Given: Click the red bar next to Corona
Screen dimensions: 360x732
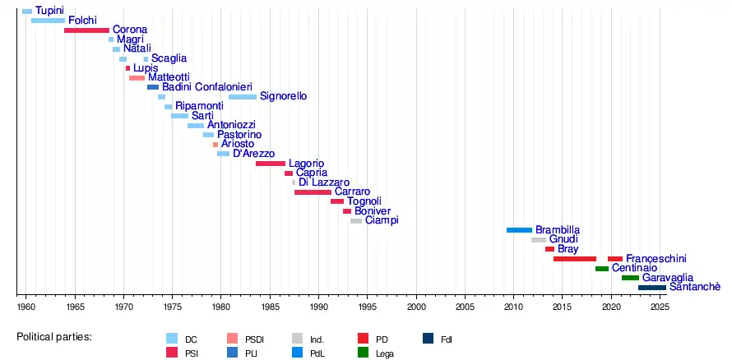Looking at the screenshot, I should [86, 30].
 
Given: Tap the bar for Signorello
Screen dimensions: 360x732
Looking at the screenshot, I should [243, 97].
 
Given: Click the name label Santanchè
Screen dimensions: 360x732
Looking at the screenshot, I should [695, 287].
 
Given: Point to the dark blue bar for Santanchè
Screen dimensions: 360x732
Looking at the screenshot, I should [652, 288].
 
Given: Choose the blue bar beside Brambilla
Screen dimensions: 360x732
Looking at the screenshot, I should [519, 230].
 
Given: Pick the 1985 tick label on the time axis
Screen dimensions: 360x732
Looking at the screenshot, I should [270, 307].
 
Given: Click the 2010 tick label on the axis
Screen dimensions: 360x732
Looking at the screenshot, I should [514, 307].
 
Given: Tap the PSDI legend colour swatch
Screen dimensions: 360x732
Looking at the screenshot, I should [234, 339].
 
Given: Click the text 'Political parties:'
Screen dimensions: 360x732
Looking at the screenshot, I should [54, 338].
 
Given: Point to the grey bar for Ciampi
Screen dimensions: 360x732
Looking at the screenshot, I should [356, 221].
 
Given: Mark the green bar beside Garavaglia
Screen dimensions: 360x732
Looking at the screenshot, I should [630, 278].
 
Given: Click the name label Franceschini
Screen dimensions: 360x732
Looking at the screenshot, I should [656, 258].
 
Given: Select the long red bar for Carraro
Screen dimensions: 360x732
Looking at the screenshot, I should [313, 192].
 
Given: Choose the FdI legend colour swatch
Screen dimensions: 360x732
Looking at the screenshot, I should [428, 339].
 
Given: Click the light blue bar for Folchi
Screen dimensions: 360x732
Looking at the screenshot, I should [48, 21].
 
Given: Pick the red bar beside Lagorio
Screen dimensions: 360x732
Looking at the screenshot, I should [271, 164].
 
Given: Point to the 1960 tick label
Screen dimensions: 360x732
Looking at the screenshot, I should [26, 307].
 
